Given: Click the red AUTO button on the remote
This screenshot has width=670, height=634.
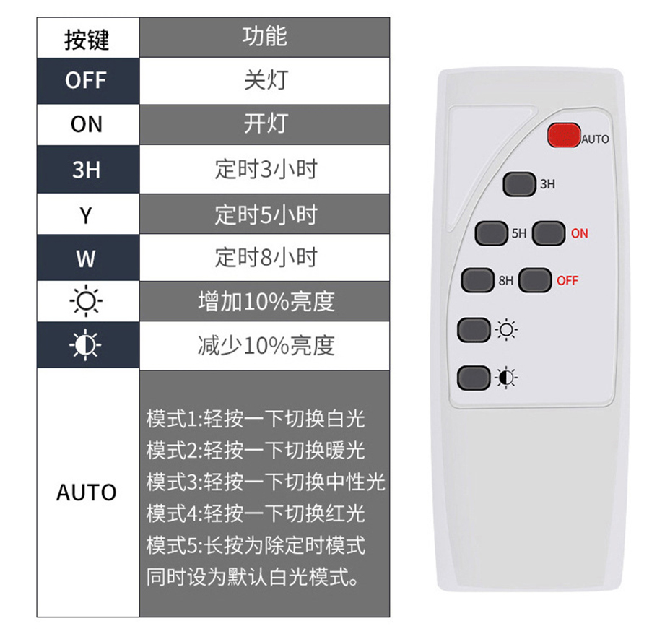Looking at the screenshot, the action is tap(564, 136).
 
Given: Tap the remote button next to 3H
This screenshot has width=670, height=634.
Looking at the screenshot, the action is tap(519, 184).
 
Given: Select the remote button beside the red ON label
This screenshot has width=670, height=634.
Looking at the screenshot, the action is tap(549, 233).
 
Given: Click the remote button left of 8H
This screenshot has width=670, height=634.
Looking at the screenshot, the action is tap(478, 280).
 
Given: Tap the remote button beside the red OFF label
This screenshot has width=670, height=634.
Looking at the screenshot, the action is tap(534, 280).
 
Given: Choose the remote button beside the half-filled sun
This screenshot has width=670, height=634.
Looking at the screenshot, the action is tap(474, 378).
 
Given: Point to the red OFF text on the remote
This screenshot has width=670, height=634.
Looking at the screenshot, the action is tap(567, 281).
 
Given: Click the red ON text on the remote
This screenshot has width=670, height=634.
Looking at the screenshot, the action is tap(580, 233).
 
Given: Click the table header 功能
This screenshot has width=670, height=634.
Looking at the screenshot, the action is tap(264, 38).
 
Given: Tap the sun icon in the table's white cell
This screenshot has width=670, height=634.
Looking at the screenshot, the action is tap(86, 301).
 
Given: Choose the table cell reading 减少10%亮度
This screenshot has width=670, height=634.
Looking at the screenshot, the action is tap(264, 346).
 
